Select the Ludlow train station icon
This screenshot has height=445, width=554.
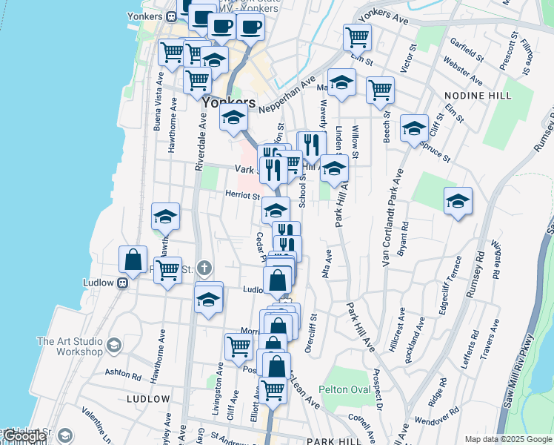coord(124,283)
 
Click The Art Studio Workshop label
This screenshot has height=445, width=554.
coord(70,346)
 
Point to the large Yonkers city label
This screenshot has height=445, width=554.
coord(228,103)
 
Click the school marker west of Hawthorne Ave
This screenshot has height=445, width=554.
coord(165,216)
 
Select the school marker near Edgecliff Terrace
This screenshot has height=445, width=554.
coord(458,200)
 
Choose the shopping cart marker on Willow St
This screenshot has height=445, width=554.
coord(380,90)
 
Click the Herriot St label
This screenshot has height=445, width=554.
coord(242,197)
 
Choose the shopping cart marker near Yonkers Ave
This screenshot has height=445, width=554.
coord(357,36)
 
